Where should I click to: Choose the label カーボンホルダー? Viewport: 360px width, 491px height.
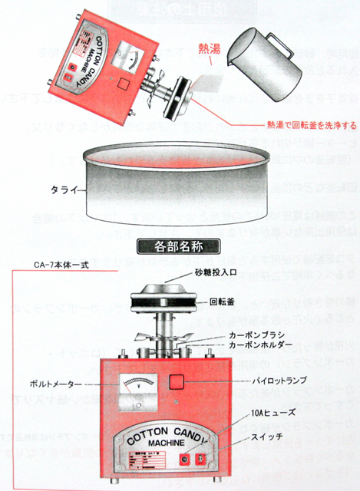pos(247,348)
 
